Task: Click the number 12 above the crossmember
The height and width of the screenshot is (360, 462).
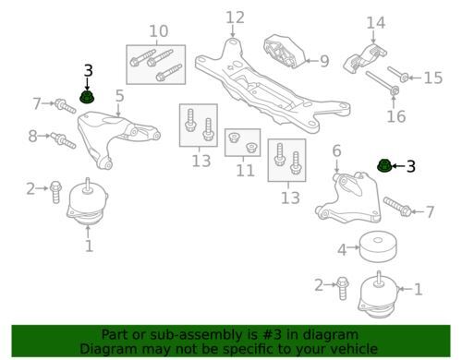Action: pos(236,18)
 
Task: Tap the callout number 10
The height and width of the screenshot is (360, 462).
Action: pos(159,31)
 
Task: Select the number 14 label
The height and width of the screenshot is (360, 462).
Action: pos(376,23)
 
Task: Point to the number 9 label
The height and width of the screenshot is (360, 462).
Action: pos(324,61)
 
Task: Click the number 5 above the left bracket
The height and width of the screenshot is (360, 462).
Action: pos(119,96)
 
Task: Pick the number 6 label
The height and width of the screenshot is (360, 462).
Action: pos(337,150)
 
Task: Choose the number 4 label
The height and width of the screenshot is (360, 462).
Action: pos(342,250)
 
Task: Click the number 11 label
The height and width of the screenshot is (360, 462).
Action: pos(246,170)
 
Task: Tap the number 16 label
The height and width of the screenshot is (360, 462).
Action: pos(396,116)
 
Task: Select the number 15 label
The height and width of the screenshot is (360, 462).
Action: pos(433,78)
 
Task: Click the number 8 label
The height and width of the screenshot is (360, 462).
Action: pos(32,136)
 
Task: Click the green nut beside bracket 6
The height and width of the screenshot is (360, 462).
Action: pos(384,166)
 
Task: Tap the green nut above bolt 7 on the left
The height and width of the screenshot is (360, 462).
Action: pos(87,97)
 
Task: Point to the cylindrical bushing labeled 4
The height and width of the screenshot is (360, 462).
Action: pos(378,247)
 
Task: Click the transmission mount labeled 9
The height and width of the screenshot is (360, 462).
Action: pos(284,52)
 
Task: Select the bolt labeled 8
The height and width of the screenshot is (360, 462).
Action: pos(63,140)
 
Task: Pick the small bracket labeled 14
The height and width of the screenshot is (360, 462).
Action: pos(365,59)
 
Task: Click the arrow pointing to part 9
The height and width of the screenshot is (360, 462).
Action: pos(312,61)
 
